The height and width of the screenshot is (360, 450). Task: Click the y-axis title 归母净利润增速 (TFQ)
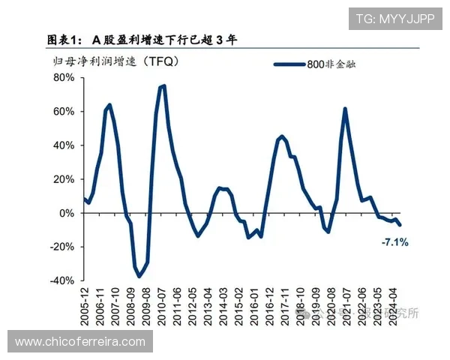(x=112, y=60)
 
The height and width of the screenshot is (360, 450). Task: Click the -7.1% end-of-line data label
(x=394, y=242)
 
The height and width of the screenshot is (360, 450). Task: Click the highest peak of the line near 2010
(x=163, y=85)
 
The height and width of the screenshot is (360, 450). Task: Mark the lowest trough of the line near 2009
(x=139, y=277)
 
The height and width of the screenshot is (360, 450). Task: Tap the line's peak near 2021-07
(x=345, y=109)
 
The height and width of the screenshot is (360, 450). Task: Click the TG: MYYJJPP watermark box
(x=394, y=19)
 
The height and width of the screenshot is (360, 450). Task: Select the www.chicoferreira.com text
(x=80, y=341)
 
